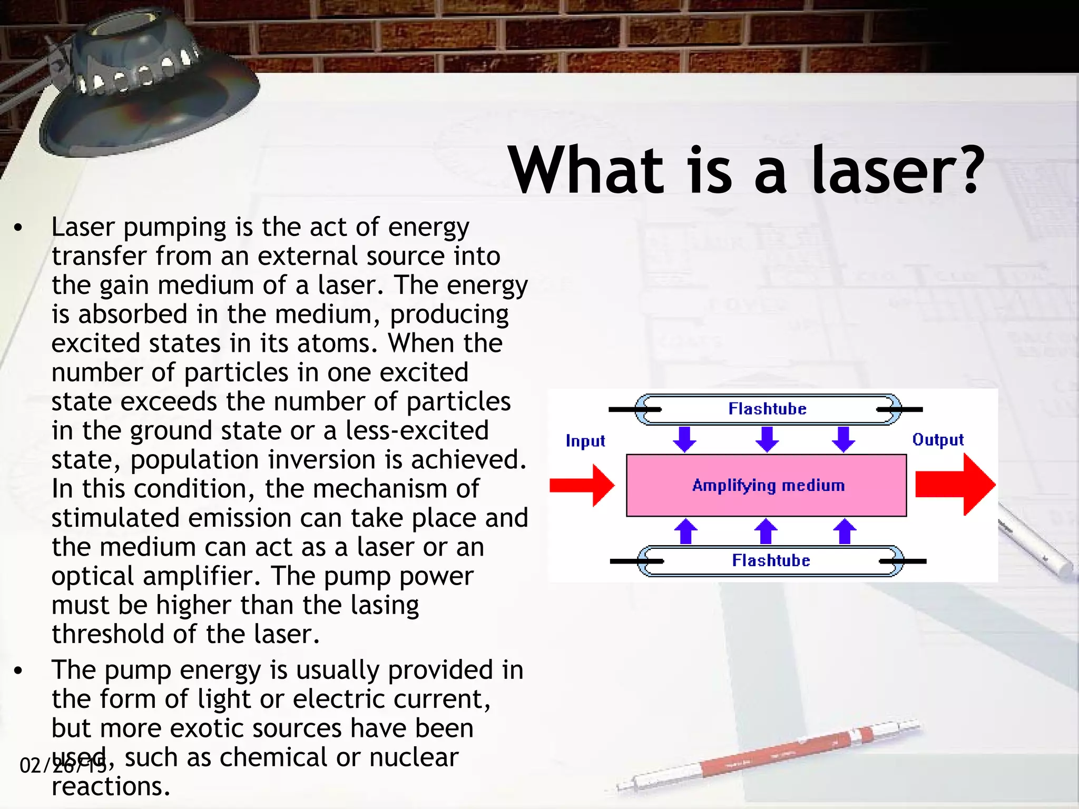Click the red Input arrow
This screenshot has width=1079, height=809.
[581, 485]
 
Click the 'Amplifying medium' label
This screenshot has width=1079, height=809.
[768, 485]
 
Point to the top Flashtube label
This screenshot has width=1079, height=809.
[767, 409]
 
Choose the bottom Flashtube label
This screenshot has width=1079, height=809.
[771, 560]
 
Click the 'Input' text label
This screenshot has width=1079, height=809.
[585, 441]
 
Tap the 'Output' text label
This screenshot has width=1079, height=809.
[938, 440]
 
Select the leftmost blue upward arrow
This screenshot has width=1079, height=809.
[685, 531]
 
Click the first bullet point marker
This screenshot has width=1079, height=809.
[19, 228]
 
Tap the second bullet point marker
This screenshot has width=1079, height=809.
[19, 671]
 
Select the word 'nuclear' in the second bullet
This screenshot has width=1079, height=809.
[414, 757]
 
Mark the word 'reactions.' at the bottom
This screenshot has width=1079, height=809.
[111, 786]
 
